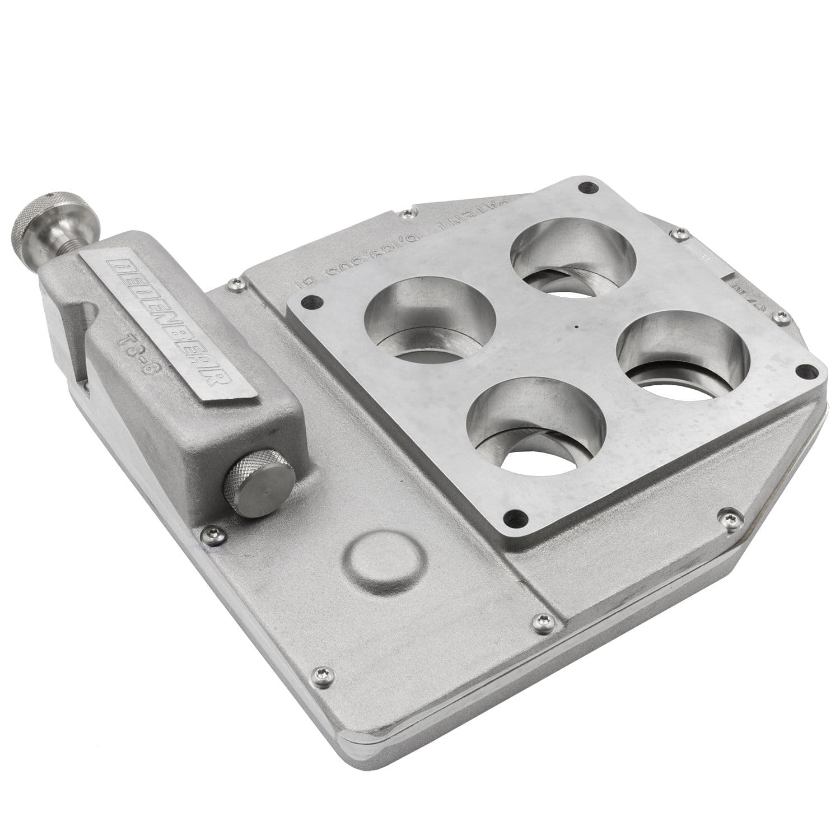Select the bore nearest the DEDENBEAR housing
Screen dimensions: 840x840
pos(430,320)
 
